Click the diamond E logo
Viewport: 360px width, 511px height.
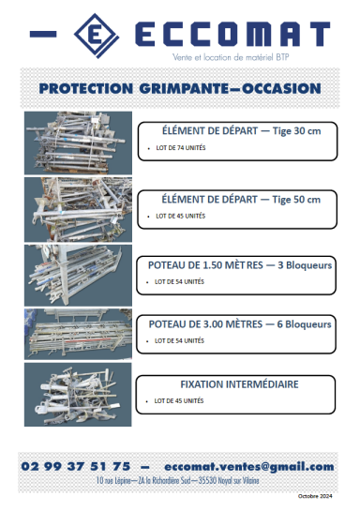(95, 35)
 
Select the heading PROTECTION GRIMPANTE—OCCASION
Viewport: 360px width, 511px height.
(180, 89)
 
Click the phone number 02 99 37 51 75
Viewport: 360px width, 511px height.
(77, 466)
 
